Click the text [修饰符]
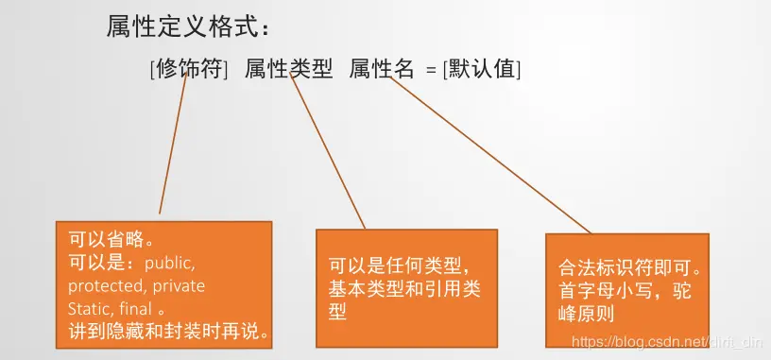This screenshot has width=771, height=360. (189, 68)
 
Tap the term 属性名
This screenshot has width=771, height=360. (382, 68)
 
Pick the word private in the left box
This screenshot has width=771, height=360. (180, 284)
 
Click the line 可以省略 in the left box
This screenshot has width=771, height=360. (111, 237)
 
